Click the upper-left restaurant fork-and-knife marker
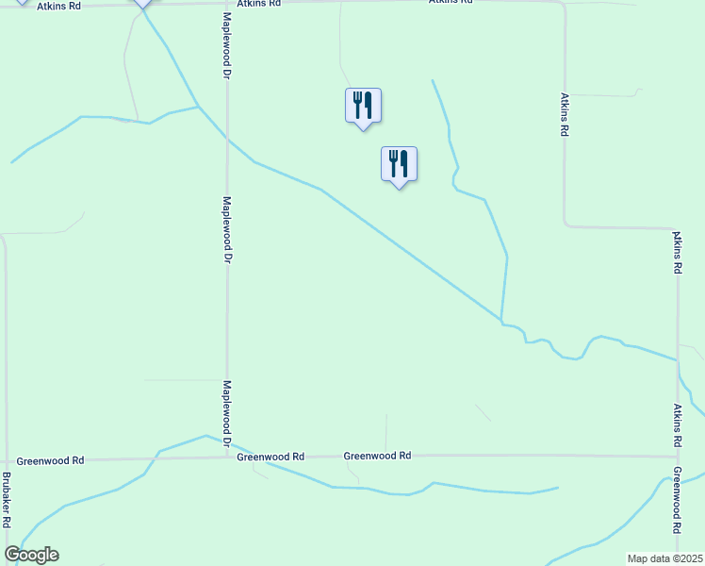pos(363,105)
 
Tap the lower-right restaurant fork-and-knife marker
pos(399,163)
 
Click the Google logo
pos(31,555)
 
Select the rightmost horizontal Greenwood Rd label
pos(377,456)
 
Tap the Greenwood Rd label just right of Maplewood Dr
pos(271,457)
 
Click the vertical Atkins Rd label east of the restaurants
pos(564,115)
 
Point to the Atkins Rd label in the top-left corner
pos(58,6)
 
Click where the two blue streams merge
pos(501,322)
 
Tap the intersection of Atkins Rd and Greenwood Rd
pos(677,457)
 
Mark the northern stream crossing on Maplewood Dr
pos(227,141)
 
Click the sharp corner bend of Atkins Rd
pos(566,225)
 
